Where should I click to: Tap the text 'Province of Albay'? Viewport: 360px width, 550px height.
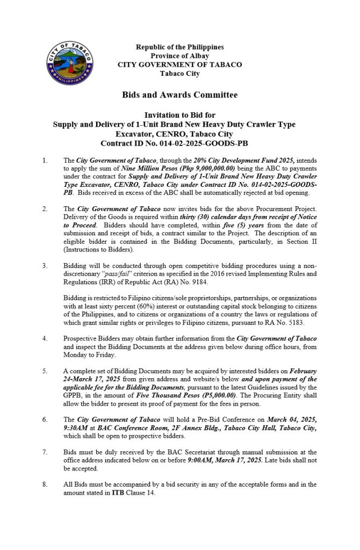(179, 56)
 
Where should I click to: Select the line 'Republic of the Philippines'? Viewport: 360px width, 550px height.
(179, 47)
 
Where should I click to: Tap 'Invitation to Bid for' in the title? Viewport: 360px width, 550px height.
(179, 115)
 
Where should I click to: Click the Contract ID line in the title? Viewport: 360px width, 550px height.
(179, 142)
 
